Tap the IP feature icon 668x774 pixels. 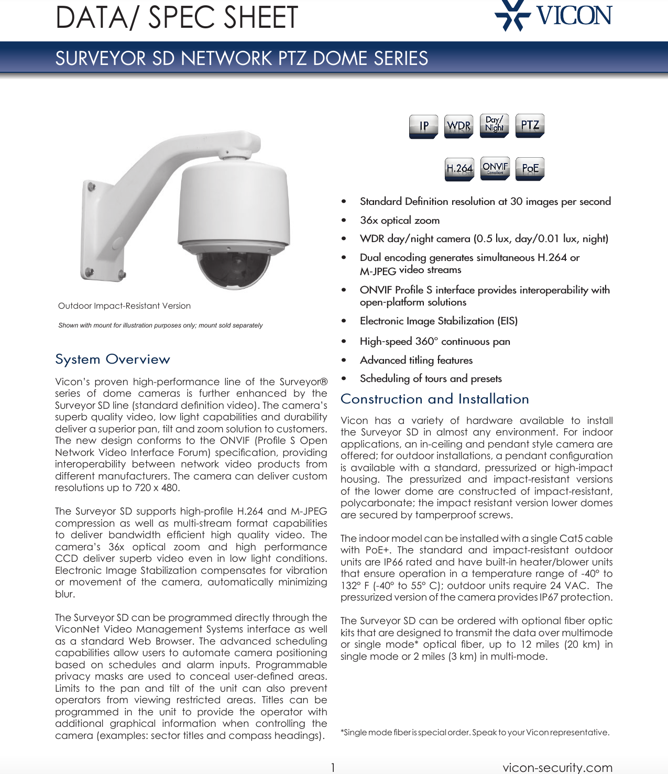pyautogui.click(x=423, y=126)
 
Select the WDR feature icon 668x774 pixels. pyautogui.click(x=458, y=126)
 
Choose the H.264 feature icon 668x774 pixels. pyautogui.click(x=459, y=169)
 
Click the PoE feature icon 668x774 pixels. pyautogui.click(x=530, y=169)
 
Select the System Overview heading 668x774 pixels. pyautogui.click(x=113, y=359)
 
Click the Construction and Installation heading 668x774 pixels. pyautogui.click(x=434, y=399)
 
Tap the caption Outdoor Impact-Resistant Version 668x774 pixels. pyautogui.click(x=124, y=306)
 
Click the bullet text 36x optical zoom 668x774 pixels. pyautogui.click(x=399, y=221)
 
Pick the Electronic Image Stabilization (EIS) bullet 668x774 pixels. pyautogui.click(x=438, y=321)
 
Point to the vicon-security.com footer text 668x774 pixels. pyautogui.click(x=557, y=767)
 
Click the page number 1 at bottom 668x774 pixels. pyautogui.click(x=333, y=768)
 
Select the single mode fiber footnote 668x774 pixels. pyautogui.click(x=475, y=733)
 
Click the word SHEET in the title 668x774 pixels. pyautogui.click(x=260, y=17)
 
